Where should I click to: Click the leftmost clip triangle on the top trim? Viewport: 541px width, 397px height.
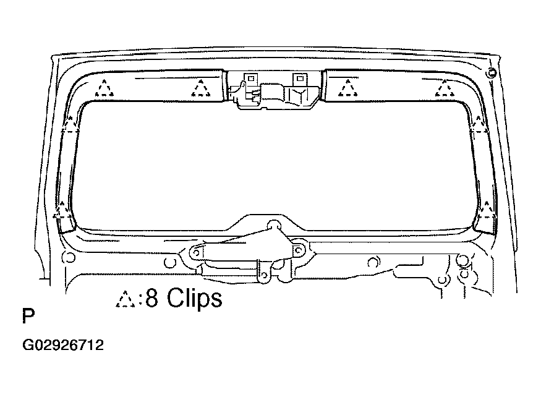click(x=104, y=88)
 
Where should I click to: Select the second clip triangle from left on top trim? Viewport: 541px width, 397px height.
click(x=200, y=88)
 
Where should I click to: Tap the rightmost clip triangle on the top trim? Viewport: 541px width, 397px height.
click(x=445, y=88)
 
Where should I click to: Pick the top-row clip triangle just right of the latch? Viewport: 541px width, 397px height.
click(x=348, y=88)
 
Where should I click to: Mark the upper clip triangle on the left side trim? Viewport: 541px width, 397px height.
click(x=70, y=125)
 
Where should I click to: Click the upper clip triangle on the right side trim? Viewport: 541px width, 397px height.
click(x=479, y=125)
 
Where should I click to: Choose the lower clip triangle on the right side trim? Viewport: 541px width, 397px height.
click(x=487, y=210)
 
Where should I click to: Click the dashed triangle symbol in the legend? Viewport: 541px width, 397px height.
click(x=126, y=299)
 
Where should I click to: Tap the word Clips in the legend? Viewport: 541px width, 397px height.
click(x=195, y=298)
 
